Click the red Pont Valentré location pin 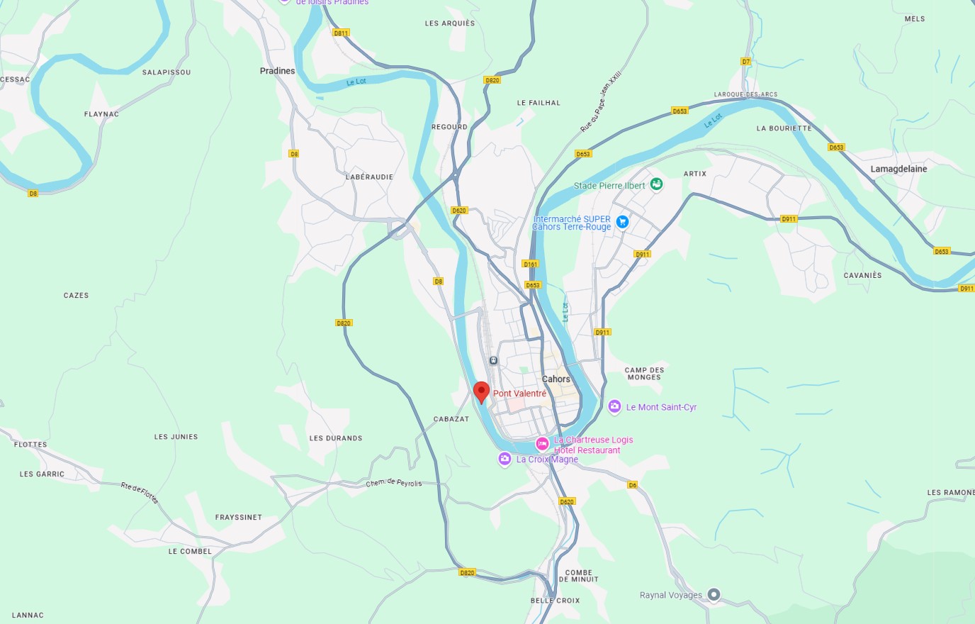[x=481, y=391]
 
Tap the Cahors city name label [x=556, y=379]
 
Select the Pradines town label [x=277, y=71]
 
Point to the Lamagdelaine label [x=898, y=169]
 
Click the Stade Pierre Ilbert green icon [x=657, y=184]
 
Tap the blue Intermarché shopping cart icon [x=622, y=222]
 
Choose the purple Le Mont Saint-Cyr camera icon [x=614, y=406]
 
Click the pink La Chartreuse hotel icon [x=542, y=444]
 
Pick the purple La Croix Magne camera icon [x=505, y=459]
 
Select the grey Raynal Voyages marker [x=714, y=594]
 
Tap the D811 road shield [x=341, y=33]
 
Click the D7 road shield [x=745, y=62]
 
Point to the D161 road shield [x=530, y=264]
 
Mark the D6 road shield [x=632, y=485]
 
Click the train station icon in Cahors [x=493, y=360]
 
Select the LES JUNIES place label [x=176, y=437]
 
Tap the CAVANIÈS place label [x=862, y=275]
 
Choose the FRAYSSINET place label [x=238, y=518]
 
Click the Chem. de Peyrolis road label [x=393, y=483]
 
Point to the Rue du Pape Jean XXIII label [x=601, y=101]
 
